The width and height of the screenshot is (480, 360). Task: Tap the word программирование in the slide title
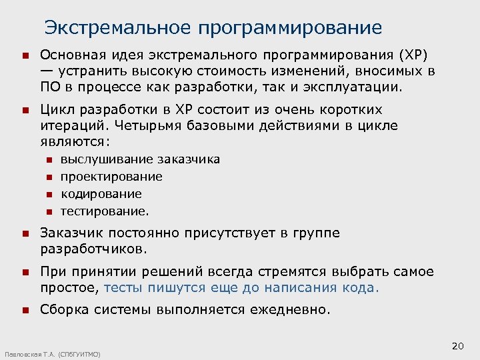coord(290,29)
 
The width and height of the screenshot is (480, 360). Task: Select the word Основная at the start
coord(69,55)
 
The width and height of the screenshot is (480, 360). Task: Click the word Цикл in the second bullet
coord(57,109)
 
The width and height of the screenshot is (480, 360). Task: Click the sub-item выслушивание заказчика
coord(140,159)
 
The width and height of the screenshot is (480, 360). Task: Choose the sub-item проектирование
coord(111,177)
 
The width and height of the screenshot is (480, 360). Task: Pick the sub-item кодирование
coord(101,194)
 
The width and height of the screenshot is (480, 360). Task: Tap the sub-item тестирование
coord(105,211)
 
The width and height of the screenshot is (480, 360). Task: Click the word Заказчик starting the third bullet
coord(70,233)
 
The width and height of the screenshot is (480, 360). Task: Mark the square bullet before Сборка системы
coord(25,310)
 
